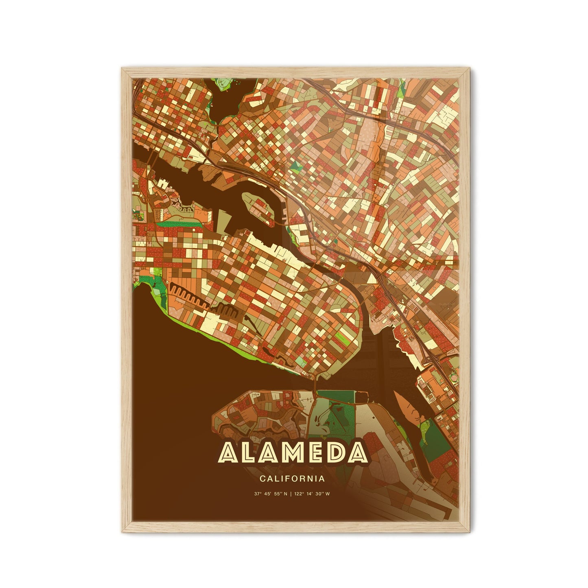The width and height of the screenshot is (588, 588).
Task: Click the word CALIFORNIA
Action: tap(291, 479)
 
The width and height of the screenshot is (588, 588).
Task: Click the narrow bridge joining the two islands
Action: tap(314, 383)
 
